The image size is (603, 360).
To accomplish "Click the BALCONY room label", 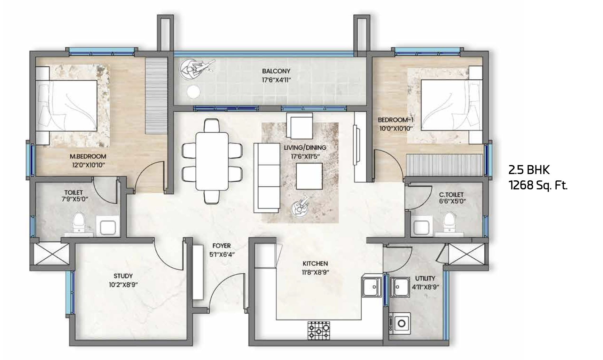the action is pos(276,71).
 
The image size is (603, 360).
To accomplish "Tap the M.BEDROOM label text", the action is pos(88,157).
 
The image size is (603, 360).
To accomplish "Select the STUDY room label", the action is pos(123,276).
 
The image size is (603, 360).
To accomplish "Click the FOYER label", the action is pos(221,246).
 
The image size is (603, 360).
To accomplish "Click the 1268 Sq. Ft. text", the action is pos(538,186).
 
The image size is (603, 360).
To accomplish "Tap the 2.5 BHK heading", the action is pos(529,170).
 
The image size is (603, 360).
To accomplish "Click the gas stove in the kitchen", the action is pos(319,330).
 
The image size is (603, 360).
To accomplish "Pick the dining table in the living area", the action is pos(212,161).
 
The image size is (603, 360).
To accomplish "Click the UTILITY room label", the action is pos(425,279).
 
